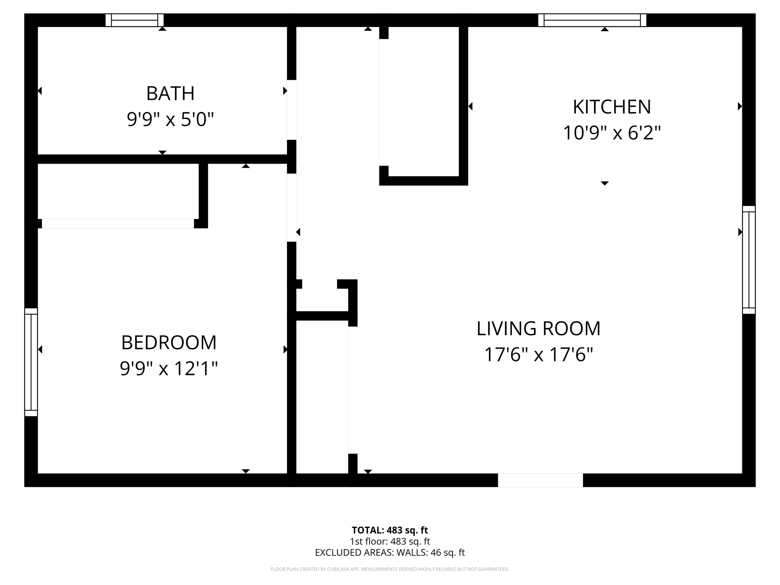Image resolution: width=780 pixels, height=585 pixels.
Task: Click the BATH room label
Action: (170, 94)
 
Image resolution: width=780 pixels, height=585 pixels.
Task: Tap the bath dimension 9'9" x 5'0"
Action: (170, 120)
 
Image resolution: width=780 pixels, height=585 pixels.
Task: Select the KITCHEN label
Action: (612, 107)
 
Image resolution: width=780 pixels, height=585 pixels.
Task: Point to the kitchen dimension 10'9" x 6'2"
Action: (612, 133)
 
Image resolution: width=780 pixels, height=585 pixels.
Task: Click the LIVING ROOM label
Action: (538, 329)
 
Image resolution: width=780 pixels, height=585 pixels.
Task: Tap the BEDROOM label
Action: (169, 343)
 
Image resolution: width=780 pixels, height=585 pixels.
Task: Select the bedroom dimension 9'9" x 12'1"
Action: (169, 369)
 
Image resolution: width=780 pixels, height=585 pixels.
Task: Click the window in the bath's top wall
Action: (134, 20)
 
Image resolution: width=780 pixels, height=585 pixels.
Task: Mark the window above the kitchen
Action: (592, 20)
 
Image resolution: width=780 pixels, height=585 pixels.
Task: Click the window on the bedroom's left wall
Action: (31, 362)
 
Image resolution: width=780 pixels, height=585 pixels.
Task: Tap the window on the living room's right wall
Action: (748, 260)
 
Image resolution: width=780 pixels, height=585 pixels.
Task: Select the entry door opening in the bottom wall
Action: (540, 480)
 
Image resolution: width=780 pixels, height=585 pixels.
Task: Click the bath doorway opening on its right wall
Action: (291, 110)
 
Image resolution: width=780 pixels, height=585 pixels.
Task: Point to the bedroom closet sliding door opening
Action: (118, 224)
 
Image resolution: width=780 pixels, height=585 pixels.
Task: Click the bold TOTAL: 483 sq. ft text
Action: (390, 530)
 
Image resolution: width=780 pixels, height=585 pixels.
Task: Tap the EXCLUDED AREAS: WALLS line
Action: (390, 553)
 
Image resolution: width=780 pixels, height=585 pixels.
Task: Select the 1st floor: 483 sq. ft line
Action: (390, 541)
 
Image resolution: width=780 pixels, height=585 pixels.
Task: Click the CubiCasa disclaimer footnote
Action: (390, 569)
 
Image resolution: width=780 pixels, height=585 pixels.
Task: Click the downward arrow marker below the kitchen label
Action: (604, 184)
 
